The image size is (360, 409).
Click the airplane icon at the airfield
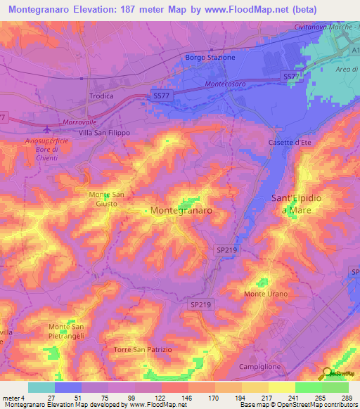[x=47, y=129]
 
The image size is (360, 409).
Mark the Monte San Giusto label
[x=107, y=199]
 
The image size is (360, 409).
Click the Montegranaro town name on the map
[x=182, y=210]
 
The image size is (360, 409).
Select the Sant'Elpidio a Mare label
[x=296, y=204]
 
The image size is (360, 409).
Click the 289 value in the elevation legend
[x=346, y=398]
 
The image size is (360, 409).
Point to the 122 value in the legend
[x=160, y=398]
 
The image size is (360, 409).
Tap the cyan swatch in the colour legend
[x=41, y=387]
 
